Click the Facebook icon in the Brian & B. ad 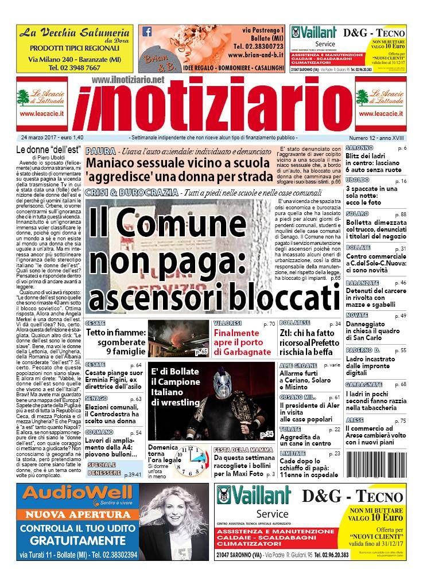click(x=147, y=32)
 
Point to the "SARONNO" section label click(x=359, y=148)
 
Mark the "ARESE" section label click(x=356, y=420)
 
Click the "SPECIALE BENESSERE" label click(x=104, y=468)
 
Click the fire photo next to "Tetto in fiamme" click(x=178, y=338)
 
